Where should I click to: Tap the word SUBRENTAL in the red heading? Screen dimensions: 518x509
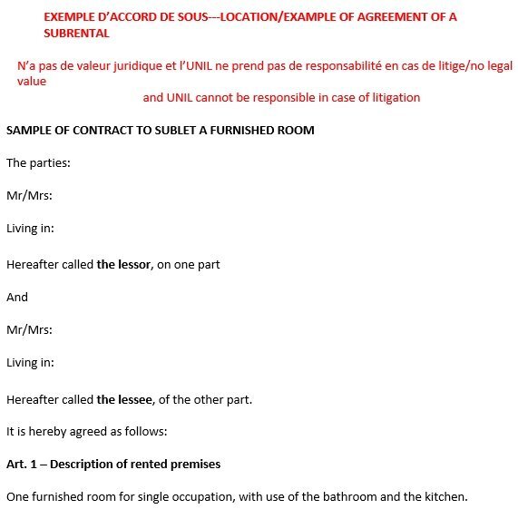(x=76, y=33)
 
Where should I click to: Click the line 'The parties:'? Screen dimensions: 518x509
(x=38, y=163)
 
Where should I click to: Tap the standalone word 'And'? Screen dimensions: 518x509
(x=17, y=297)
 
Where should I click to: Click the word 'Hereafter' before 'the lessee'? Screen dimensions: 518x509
(x=32, y=398)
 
